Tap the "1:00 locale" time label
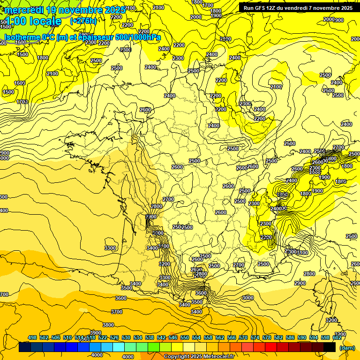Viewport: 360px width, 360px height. (34, 21)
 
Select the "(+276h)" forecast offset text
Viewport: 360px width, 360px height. (83, 21)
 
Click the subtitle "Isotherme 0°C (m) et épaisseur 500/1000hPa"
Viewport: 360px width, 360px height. (82, 37)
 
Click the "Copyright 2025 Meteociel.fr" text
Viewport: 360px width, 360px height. (199, 357)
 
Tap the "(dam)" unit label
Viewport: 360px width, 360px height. (346, 347)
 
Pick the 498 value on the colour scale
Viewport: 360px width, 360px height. (32, 337)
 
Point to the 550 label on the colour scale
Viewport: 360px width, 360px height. (185, 337)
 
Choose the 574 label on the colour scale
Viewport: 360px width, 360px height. (255, 337)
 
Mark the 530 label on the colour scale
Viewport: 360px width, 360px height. (126, 337)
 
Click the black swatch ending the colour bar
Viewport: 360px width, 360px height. (330, 347)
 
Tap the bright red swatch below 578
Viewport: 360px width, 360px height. (271, 347)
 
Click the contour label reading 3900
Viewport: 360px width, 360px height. (96, 332)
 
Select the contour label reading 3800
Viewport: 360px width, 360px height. (108, 325)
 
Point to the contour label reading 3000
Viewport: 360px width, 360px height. (247, 298)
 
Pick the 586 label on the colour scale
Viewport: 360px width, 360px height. (290, 337)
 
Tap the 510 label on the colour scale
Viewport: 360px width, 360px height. (67, 337)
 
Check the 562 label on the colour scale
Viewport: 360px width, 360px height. (220, 337)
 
